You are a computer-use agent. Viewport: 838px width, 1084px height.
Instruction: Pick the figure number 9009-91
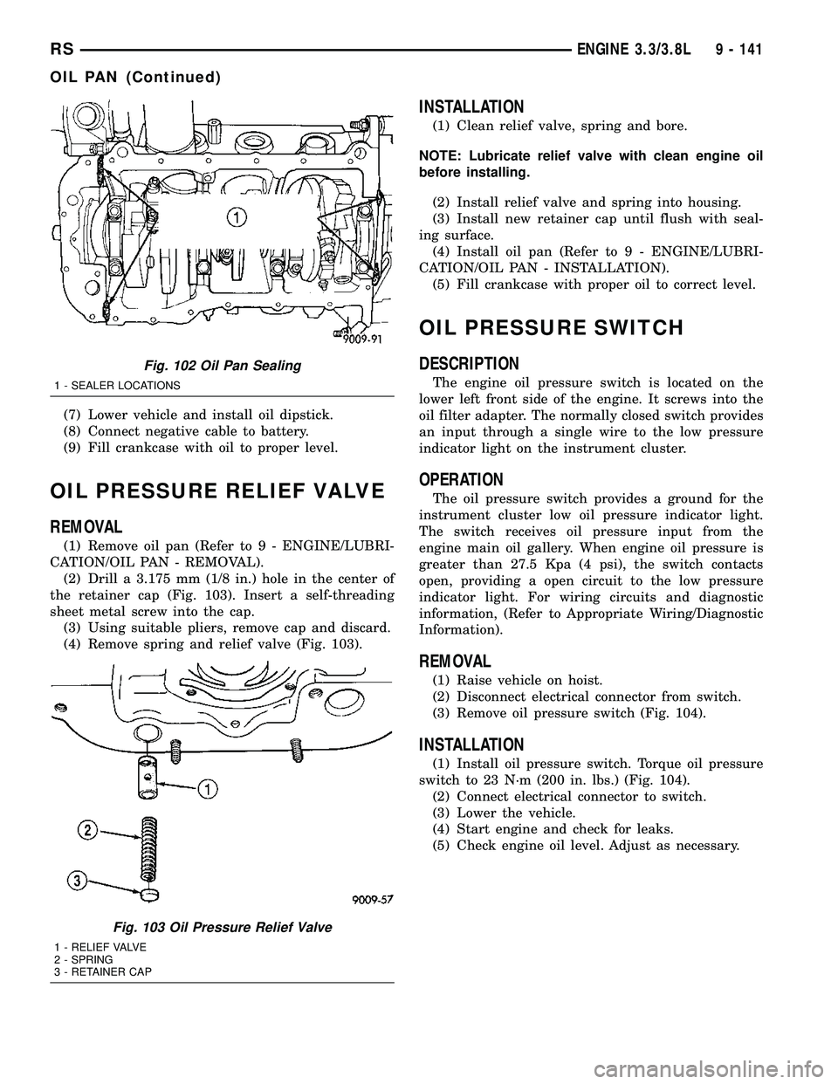357,330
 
